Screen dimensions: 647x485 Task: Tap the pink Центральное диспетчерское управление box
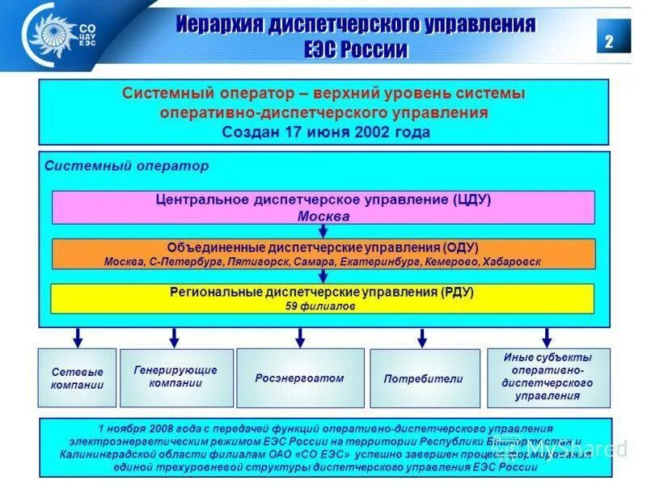point(323,207)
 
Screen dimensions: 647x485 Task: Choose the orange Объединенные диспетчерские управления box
point(323,254)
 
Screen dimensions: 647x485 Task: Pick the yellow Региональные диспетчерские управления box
point(323,298)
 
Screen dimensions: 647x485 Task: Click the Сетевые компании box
point(77,378)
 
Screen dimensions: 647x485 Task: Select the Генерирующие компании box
point(176,377)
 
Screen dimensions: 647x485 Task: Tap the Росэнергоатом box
point(299,378)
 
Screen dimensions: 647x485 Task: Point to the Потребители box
point(421,378)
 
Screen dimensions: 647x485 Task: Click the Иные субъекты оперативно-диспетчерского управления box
point(548,377)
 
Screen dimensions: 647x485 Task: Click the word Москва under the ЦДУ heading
point(323,217)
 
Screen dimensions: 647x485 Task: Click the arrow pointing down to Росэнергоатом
point(300,336)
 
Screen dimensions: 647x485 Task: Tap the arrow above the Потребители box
point(421,336)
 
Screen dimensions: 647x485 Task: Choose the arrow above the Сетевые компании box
point(78,336)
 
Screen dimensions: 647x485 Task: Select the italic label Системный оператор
point(127,166)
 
